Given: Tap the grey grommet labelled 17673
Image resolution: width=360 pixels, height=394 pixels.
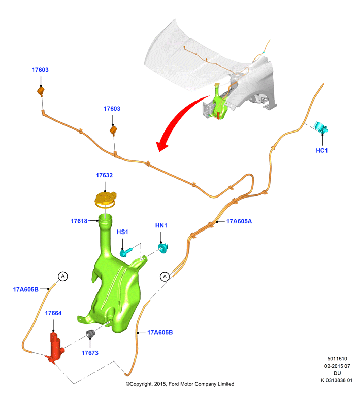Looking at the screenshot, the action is [x=91, y=334].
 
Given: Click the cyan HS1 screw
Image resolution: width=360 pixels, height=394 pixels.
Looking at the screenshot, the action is [x=125, y=252].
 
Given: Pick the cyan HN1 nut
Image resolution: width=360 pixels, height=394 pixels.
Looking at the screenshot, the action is [x=163, y=248].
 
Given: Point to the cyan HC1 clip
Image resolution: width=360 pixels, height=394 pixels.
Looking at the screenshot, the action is [x=321, y=127].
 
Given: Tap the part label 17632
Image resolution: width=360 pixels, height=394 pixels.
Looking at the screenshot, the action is [x=104, y=175].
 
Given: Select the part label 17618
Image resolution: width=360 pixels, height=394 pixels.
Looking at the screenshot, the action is [x=79, y=221].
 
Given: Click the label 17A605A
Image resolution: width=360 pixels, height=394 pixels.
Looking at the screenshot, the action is [x=239, y=221].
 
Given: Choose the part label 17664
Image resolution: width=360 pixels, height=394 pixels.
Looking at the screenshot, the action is [x=53, y=313].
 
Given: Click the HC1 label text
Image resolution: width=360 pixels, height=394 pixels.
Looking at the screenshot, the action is [x=322, y=150].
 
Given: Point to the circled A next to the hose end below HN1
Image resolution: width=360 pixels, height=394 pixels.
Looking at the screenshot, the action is [x=165, y=277].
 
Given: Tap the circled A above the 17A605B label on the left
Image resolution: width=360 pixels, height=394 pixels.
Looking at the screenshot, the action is [x=63, y=276].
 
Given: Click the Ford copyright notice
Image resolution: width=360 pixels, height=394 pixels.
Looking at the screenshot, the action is [x=180, y=384].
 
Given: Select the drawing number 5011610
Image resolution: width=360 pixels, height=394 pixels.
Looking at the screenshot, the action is [x=337, y=359].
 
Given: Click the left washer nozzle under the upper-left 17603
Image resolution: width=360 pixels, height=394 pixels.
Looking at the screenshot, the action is [x=41, y=91].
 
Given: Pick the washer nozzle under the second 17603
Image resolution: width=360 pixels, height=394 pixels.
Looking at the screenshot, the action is [x=113, y=130].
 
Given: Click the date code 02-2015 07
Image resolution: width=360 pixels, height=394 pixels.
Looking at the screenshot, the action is [x=337, y=366].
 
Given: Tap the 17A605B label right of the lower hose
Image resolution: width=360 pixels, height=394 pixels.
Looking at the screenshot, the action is [x=160, y=332].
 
